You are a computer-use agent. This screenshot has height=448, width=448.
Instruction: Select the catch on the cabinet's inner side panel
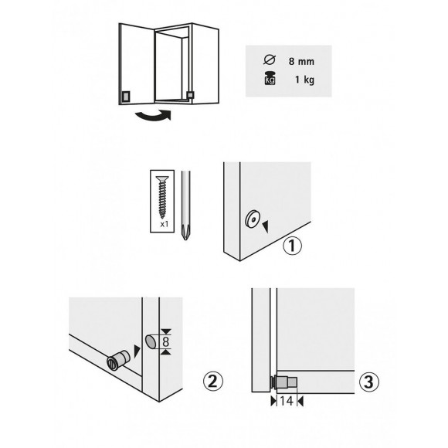coord(191,93)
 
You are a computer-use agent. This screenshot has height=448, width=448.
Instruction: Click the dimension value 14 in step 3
coord(287,402)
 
